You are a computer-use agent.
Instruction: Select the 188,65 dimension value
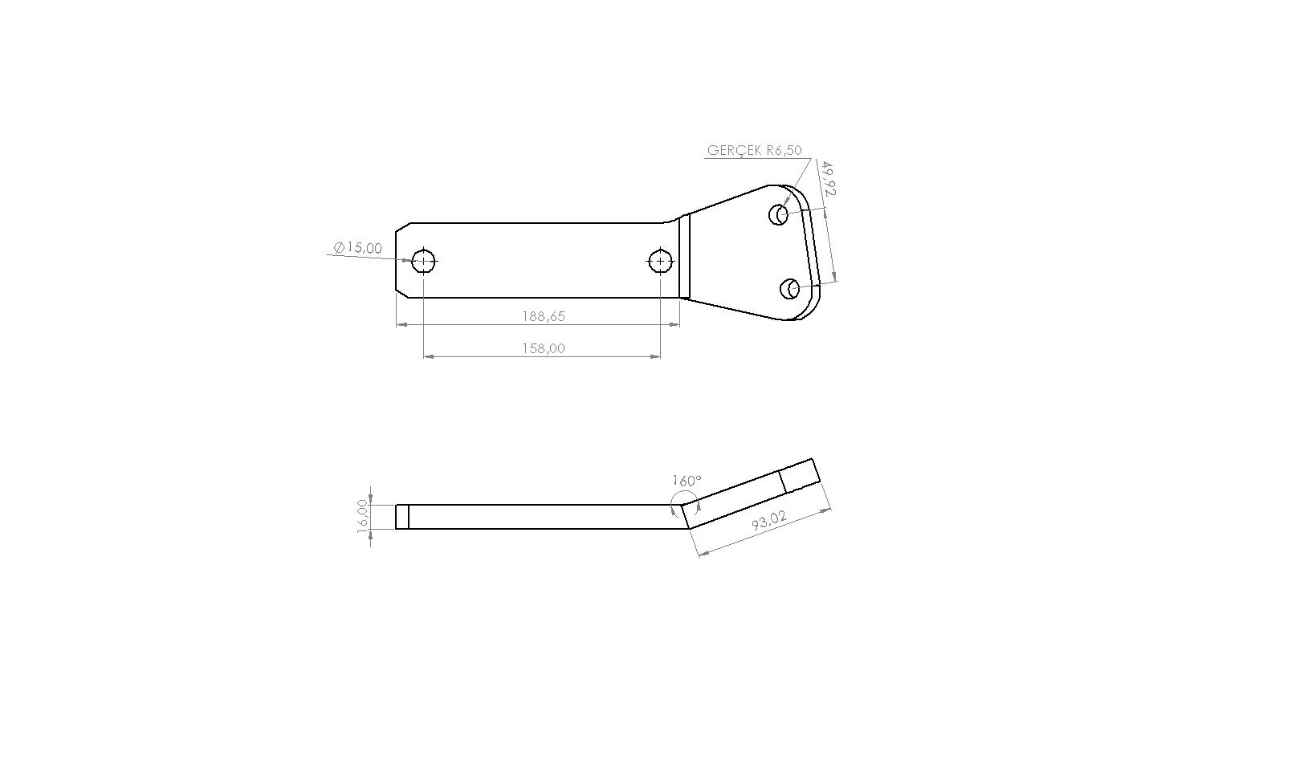pos(544,316)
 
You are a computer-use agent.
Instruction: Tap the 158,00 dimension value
pos(544,348)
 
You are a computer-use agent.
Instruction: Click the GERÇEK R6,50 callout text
pos(754,150)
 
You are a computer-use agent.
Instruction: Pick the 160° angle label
pos(687,481)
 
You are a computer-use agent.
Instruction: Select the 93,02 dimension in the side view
pos(768,520)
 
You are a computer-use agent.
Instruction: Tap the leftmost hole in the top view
pos(423,261)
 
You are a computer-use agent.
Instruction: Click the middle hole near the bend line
pos(660,261)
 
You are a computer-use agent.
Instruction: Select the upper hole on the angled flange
pos(778,214)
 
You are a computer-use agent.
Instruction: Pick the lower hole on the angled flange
pos(790,288)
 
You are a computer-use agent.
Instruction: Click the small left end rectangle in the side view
pos(402,517)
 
